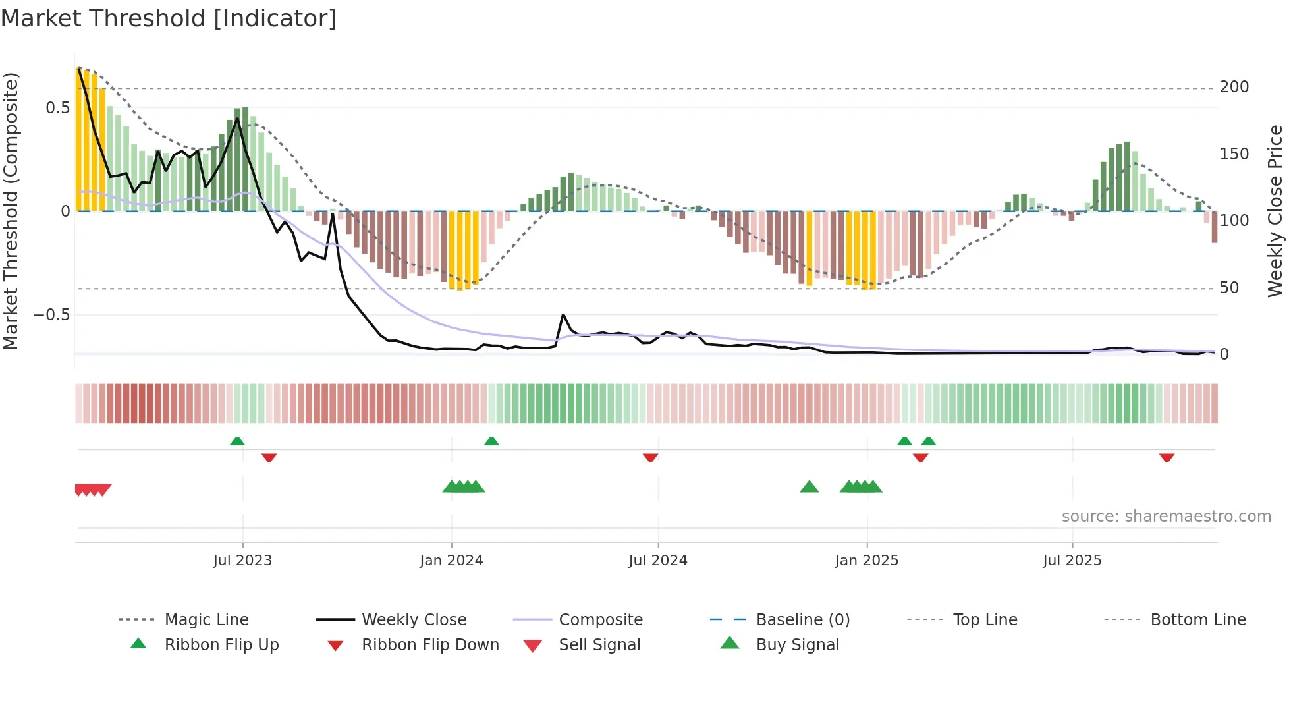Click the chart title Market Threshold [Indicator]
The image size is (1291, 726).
point(169,18)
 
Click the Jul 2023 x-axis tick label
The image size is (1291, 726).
point(242,561)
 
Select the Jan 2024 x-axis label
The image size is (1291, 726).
point(451,561)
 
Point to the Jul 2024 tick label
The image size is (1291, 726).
point(658,561)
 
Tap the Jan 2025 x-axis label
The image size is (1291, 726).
point(866,561)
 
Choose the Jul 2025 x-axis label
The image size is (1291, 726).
point(1072,561)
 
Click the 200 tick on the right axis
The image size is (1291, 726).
point(1234,87)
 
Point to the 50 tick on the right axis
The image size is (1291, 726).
point(1229,288)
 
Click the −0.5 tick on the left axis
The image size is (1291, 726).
point(52,315)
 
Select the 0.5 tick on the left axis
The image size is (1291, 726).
point(57,108)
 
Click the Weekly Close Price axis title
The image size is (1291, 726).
point(1275,211)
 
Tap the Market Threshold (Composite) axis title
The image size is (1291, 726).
point(11,211)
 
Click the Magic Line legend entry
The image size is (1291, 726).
point(206,620)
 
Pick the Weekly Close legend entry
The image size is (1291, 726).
point(414,620)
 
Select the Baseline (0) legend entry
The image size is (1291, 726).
point(802,620)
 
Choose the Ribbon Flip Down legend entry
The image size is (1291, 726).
point(430,645)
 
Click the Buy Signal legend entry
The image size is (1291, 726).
point(797,645)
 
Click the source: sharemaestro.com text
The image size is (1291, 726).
point(1166,517)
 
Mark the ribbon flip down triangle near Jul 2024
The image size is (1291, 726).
point(650,457)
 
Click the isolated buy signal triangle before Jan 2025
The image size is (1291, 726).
point(809,487)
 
